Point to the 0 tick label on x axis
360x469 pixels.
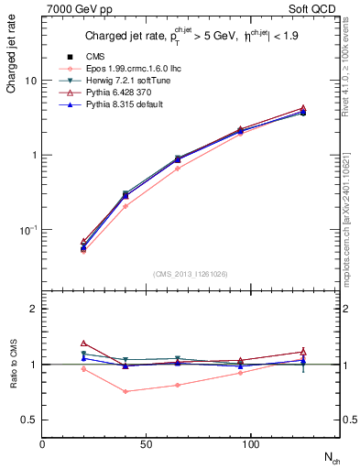(42, 446)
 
